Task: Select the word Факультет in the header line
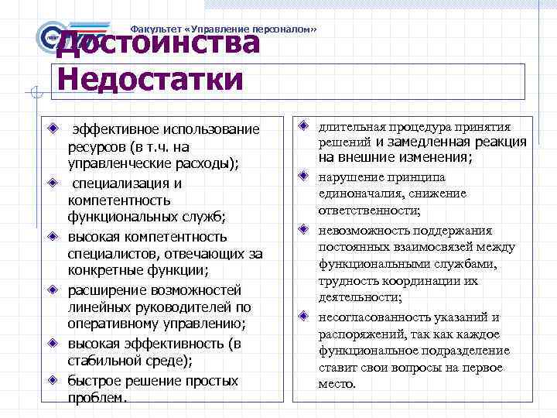[155, 29]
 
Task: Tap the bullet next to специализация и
[52, 183]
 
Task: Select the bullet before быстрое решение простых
[52, 379]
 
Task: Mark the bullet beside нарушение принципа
[305, 176]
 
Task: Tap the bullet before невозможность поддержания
[305, 229]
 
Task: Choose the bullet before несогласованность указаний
[305, 316]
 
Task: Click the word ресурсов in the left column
[96, 147]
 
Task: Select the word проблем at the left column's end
[94, 398]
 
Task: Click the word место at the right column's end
[336, 384]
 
